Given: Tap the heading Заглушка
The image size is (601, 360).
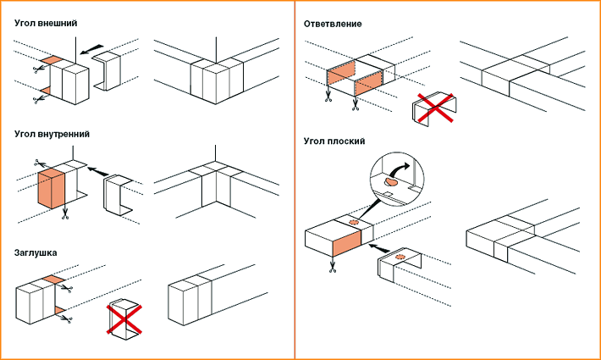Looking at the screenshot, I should [36, 252].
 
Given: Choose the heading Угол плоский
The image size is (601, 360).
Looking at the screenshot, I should [334, 141].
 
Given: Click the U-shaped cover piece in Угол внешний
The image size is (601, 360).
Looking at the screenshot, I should [108, 73].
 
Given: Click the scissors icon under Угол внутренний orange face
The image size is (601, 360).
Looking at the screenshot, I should [64, 214].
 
